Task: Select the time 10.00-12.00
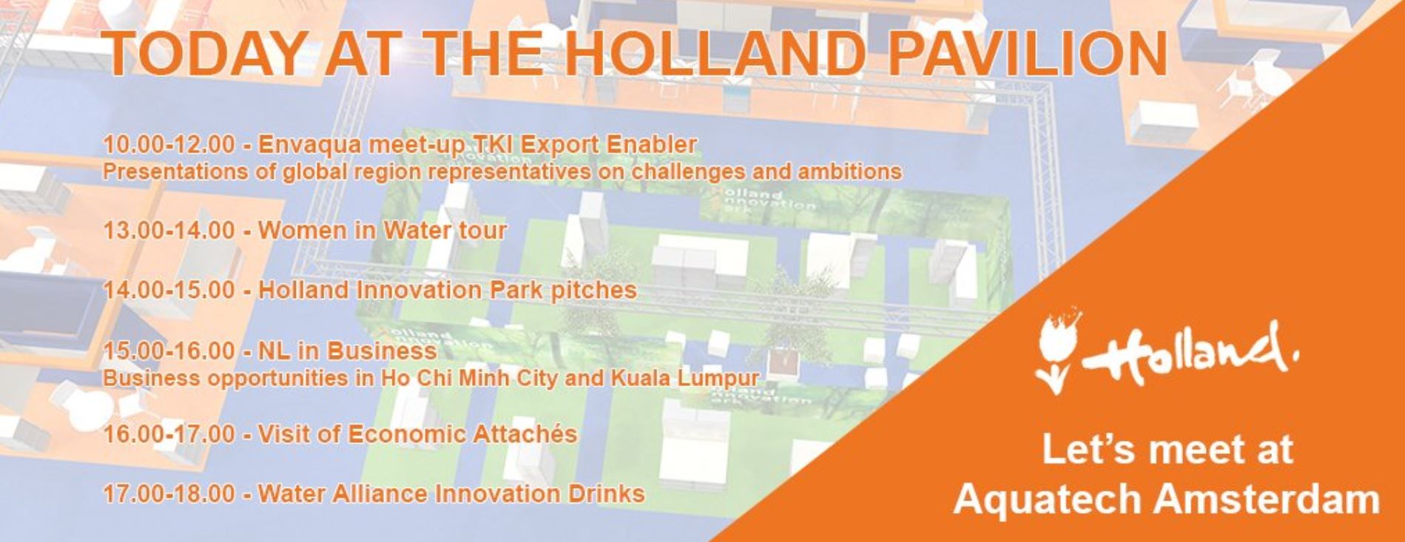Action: pyautogui.click(x=169, y=144)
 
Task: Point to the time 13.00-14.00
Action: pyautogui.click(x=169, y=230)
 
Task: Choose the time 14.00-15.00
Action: pyautogui.click(x=169, y=290)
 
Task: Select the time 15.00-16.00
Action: pyautogui.click(x=169, y=350)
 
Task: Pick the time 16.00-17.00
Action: pyautogui.click(x=169, y=433)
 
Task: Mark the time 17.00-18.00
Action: pyautogui.click(x=169, y=493)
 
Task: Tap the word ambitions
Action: pyautogui.click(x=849, y=172)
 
